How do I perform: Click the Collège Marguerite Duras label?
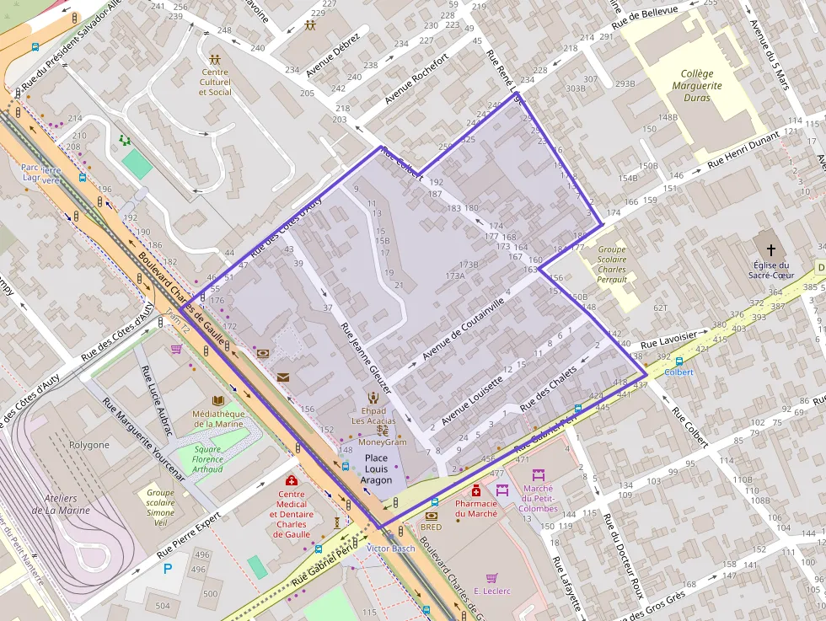point(697,85)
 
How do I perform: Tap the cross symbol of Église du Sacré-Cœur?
point(770,250)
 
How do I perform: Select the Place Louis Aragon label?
point(376,468)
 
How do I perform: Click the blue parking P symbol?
point(168,569)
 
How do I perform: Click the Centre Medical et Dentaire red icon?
point(291,480)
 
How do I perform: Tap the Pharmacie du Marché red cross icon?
point(475,490)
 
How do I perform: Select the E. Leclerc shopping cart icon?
point(491,577)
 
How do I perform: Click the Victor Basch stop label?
point(391,549)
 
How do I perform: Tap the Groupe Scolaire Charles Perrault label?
point(612,265)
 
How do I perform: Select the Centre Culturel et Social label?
point(215,82)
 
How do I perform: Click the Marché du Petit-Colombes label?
point(539,498)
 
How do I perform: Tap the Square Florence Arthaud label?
point(208,459)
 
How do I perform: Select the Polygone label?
point(88,444)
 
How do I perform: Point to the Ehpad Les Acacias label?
point(373,415)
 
